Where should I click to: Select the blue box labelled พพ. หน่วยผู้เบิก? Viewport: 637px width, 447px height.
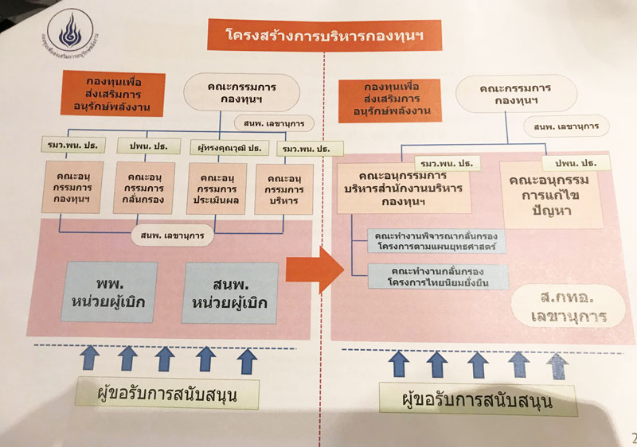[x=111, y=291]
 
